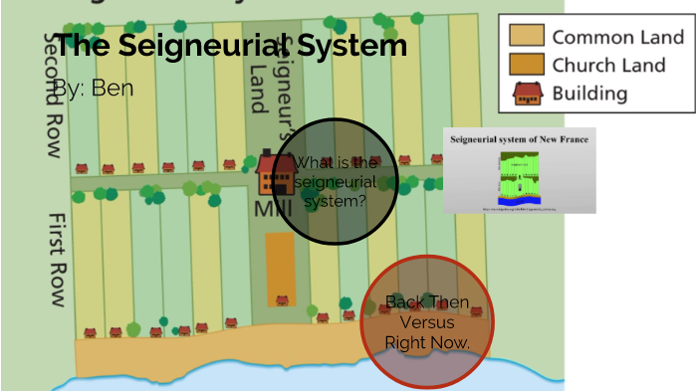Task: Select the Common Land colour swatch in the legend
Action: (x=527, y=38)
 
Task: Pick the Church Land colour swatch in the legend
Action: (x=527, y=66)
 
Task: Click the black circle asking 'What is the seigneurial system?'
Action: (x=336, y=182)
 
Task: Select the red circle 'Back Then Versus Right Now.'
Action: (x=427, y=321)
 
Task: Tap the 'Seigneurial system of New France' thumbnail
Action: (x=519, y=170)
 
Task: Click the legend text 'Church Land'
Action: (x=608, y=66)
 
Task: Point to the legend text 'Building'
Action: (x=590, y=94)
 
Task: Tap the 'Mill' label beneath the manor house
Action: (x=266, y=210)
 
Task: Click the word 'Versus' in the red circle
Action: (x=427, y=322)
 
